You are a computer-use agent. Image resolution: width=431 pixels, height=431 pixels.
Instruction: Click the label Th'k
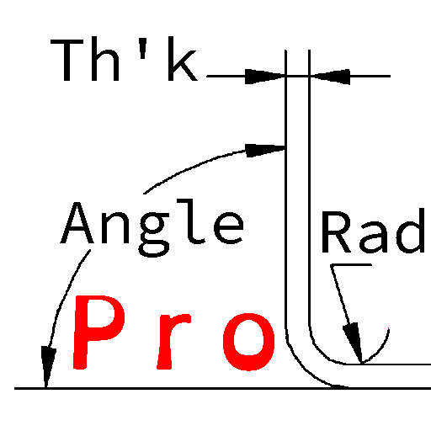coord(124,59)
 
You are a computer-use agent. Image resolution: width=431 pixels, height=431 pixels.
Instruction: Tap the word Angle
coord(152,227)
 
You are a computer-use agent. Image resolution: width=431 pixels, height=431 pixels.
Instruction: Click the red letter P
coord(99,332)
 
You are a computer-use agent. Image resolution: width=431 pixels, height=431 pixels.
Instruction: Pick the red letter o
coord(248,342)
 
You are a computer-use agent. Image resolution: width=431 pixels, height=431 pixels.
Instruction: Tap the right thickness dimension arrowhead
coord(330,77)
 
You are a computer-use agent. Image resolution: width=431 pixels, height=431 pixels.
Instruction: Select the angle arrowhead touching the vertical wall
coord(265,151)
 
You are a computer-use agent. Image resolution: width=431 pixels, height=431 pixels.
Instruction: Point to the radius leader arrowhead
coord(354,343)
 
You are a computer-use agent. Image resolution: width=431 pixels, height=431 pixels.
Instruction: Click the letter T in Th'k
coord(67,61)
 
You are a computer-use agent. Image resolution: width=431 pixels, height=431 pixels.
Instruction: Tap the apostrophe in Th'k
coord(143,48)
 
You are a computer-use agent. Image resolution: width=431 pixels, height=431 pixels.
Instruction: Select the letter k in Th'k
coord(183,59)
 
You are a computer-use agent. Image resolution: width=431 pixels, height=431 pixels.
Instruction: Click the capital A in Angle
coord(77,222)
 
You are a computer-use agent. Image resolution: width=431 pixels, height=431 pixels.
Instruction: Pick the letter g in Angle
coord(154,235)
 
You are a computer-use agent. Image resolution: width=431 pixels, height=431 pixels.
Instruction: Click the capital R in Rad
coord(336,231)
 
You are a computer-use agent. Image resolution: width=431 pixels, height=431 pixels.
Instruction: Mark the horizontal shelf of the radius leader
coord(351,264)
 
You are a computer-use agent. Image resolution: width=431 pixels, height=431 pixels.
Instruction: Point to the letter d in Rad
coord(411,231)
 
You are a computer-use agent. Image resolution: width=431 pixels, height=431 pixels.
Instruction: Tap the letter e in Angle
coord(229,227)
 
